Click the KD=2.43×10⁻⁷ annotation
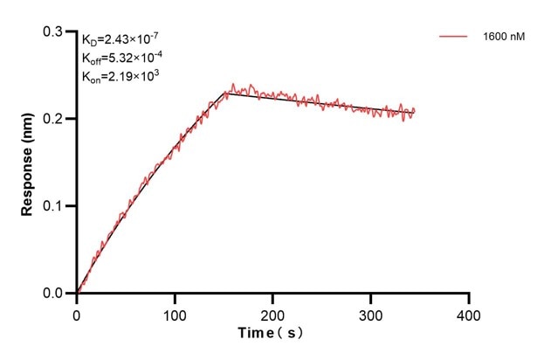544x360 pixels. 121,39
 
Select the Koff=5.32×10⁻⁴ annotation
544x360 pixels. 122,58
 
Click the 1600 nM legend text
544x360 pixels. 503,38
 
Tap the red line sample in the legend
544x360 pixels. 455,38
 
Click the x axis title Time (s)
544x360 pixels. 272,334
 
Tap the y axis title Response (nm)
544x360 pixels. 28,163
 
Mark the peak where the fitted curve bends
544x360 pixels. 228,92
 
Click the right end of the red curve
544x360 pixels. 415,111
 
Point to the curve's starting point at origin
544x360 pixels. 77,294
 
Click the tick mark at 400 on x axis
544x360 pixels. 469,298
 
